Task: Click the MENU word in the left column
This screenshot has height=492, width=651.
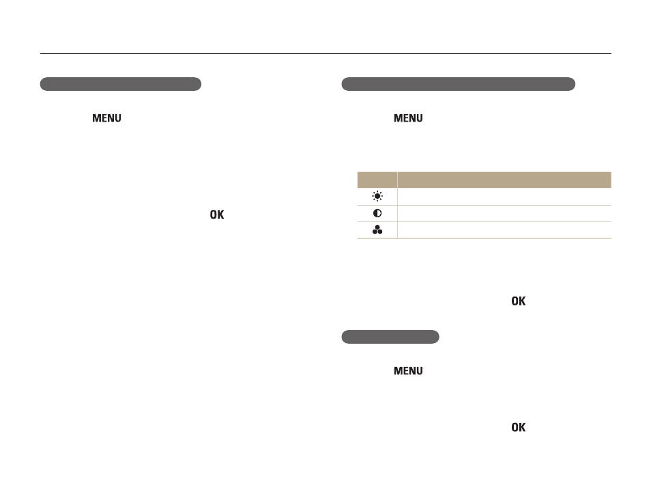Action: point(106,118)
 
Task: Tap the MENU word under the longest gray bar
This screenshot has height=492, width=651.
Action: point(408,118)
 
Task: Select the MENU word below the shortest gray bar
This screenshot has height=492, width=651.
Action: point(408,371)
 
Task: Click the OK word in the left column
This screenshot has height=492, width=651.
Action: point(217,215)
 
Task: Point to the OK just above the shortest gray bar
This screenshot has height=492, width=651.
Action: point(518,301)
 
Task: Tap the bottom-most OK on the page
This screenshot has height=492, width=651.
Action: point(518,428)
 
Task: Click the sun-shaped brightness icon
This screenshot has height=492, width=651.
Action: point(377,196)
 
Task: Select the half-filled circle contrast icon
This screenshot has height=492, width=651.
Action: point(377,213)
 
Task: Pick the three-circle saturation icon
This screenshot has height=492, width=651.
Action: point(377,230)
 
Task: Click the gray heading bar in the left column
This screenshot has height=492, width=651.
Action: point(120,84)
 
